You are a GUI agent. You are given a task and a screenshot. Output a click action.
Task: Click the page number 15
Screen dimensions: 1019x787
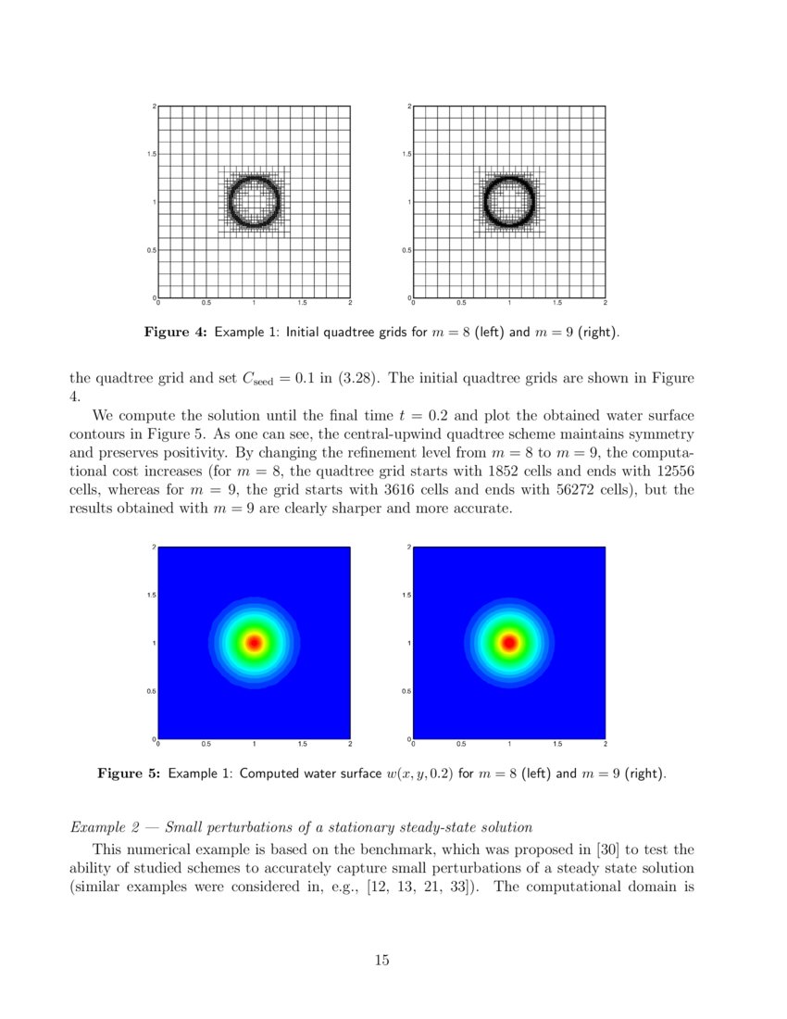381,961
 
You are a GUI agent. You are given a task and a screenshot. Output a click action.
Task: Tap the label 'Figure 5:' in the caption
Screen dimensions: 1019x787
129,773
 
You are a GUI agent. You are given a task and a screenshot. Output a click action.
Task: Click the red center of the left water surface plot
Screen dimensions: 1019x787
253,642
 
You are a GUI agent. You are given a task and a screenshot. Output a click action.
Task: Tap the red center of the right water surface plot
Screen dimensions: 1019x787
508,642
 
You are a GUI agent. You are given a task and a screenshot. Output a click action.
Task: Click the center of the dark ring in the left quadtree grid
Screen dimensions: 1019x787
253,201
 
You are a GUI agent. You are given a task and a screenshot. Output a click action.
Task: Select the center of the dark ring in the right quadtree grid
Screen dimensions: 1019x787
508,201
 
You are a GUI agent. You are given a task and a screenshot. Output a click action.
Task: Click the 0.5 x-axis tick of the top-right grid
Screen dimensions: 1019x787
460,303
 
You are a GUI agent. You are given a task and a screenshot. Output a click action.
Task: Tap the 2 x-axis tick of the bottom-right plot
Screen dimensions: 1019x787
605,744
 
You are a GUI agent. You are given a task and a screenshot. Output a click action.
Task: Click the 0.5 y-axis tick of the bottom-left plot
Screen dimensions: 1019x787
150,691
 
